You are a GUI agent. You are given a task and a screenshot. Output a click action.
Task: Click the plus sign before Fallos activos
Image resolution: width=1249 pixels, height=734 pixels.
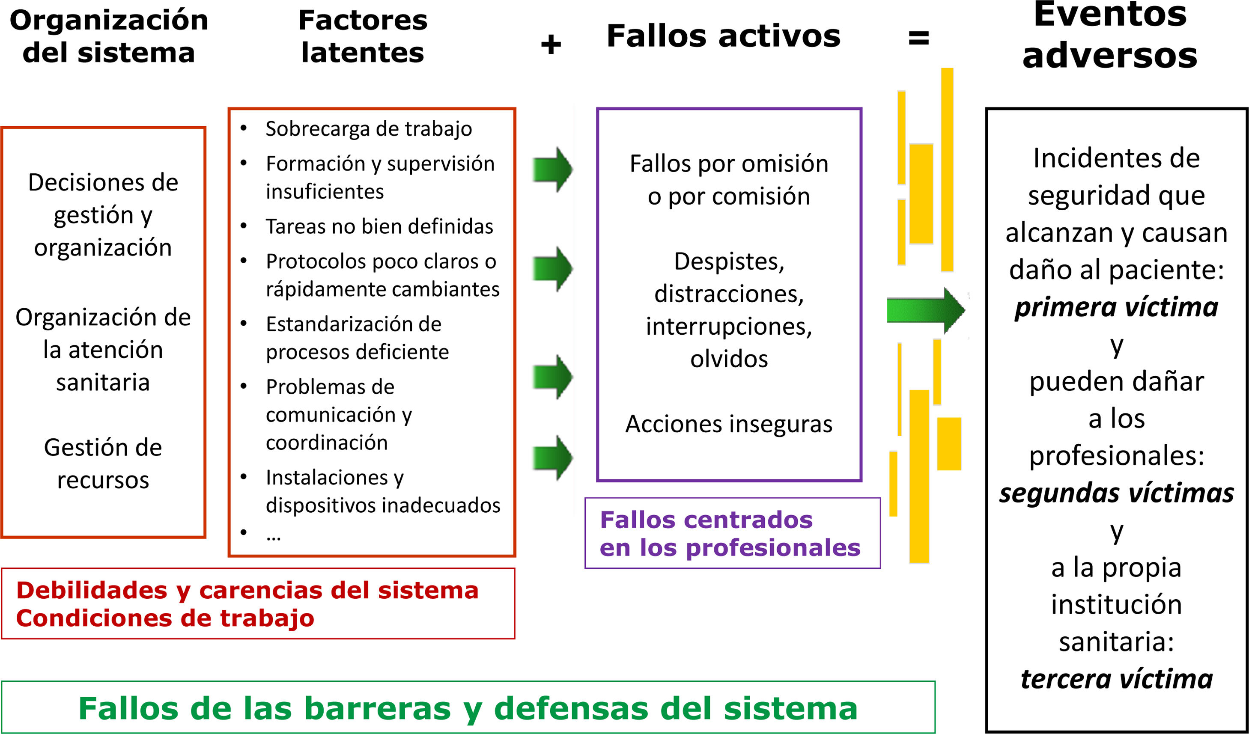551,45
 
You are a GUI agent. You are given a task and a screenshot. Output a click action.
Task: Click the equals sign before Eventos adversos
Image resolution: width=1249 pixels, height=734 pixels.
918,38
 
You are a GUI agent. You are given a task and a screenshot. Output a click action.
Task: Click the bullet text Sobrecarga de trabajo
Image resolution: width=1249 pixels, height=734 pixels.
368,129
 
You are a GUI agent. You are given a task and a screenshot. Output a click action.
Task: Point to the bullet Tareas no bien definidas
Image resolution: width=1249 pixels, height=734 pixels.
379,226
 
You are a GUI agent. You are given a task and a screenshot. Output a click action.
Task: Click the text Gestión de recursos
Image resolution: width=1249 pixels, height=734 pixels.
103,464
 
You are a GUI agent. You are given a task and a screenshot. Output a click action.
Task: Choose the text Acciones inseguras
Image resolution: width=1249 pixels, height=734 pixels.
729,424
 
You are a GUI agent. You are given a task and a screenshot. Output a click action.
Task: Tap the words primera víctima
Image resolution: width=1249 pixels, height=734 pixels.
1116,307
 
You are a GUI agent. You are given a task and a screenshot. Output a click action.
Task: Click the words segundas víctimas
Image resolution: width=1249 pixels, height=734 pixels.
1116,493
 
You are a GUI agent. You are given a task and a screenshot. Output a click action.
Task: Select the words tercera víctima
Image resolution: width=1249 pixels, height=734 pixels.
1116,679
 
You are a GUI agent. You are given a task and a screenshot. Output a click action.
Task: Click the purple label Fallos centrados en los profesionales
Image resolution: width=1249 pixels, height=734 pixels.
730,534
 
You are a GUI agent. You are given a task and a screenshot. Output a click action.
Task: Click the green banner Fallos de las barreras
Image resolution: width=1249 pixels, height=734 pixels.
468,708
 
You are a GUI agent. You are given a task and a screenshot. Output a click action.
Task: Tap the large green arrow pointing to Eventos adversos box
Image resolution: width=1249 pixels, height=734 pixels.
925,311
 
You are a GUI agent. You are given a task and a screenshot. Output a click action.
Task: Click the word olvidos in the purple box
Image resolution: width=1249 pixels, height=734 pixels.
729,359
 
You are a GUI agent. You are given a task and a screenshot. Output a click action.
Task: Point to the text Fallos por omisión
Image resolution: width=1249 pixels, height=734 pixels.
729,163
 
